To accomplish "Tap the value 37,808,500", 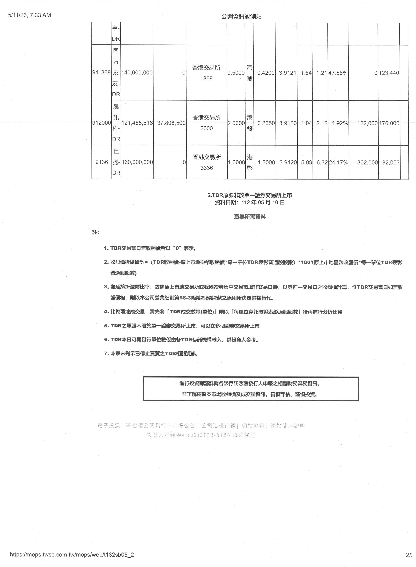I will pyautogui.click(x=171, y=123).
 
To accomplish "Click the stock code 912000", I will pyautogui.click(x=102, y=123).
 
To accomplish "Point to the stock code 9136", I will pyautogui.click(x=102, y=162).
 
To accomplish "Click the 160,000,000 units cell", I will pyautogui.click(x=137, y=162).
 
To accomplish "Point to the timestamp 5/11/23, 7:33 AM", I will pyautogui.click(x=29, y=15).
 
